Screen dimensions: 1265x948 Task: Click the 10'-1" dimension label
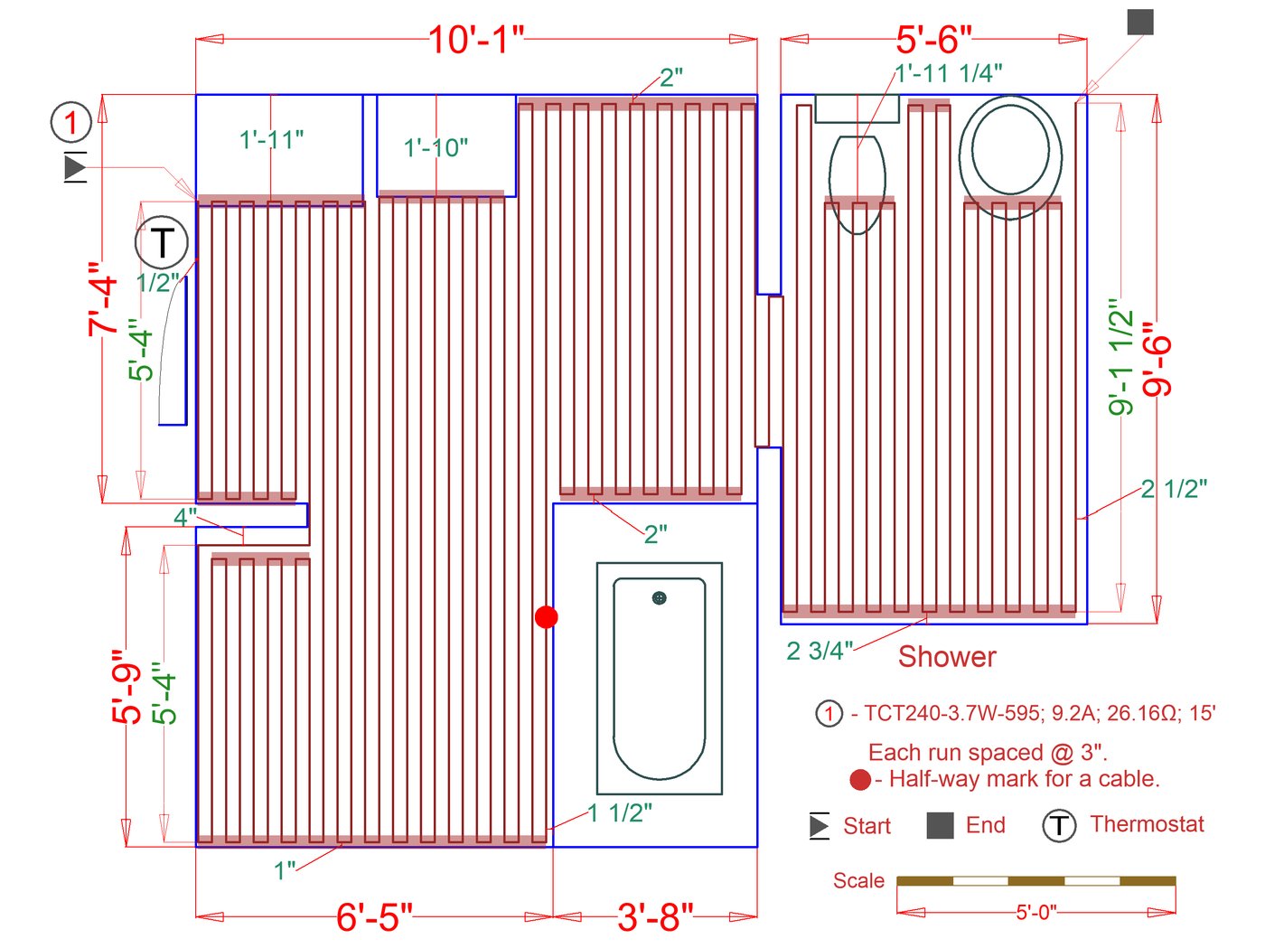point(476,41)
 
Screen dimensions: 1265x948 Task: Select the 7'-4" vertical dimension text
point(103,299)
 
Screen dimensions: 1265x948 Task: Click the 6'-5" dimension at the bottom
point(375,916)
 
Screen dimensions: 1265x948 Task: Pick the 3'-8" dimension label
point(655,916)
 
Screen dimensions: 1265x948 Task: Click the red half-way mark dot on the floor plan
point(546,616)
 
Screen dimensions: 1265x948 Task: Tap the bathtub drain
point(659,598)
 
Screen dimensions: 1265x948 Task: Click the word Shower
point(947,657)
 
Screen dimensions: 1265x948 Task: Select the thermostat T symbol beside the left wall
point(162,242)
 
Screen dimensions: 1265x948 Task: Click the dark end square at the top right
point(1140,22)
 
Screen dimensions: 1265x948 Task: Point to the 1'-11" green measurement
point(271,140)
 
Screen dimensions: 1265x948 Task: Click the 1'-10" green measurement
point(436,147)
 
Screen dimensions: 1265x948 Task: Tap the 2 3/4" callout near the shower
point(819,652)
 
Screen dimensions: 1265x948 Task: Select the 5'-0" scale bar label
point(1036,912)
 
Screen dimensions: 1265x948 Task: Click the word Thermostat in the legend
point(1147,824)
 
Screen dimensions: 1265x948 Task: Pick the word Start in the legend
point(867,826)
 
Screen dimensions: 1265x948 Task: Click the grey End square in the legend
point(940,825)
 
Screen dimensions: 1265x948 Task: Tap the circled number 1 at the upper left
point(70,122)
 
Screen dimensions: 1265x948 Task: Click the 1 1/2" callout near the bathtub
point(620,812)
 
